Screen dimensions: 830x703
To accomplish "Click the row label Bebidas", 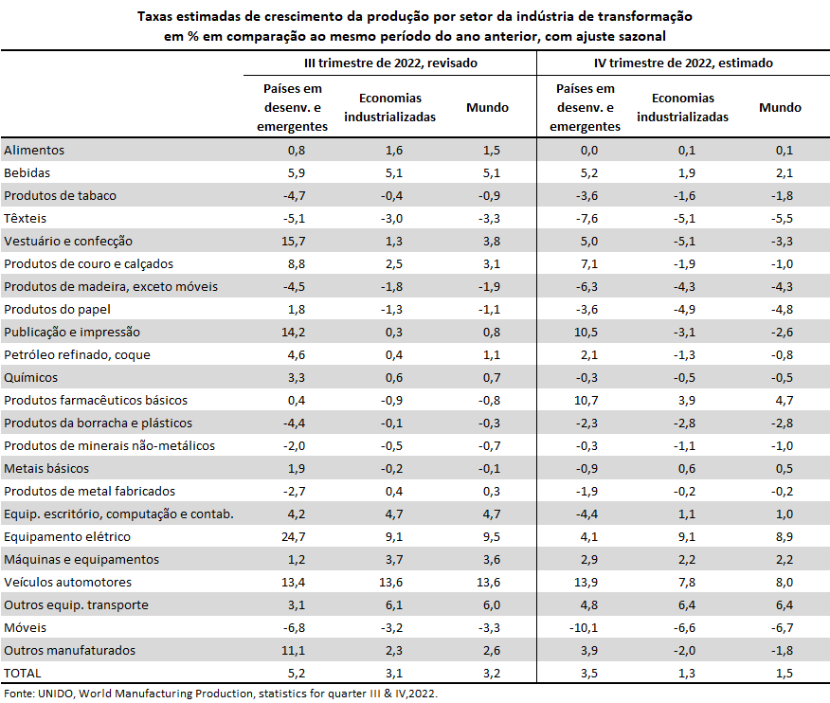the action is click(27, 173).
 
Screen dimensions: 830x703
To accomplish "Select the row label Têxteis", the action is click(25, 219).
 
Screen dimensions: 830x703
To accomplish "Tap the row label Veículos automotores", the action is click(68, 583).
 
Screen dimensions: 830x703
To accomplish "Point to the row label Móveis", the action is click(25, 628).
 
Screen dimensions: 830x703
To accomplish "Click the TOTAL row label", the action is click(22, 674).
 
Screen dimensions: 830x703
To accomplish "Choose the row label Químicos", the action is click(30, 378).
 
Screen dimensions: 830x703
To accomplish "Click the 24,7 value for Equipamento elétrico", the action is click(294, 537).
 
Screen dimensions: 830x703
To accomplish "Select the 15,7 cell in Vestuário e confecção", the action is click(294, 242).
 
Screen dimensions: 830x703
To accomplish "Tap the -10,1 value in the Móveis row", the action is click(584, 628).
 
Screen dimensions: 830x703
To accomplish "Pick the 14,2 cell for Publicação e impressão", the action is click(294, 333).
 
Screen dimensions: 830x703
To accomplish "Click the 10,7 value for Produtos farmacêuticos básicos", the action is click(586, 401).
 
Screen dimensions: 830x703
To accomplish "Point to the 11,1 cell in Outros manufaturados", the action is click(294, 651).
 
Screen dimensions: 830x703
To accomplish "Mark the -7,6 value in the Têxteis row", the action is click(587, 219).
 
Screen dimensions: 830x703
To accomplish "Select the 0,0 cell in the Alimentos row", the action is click(589, 151).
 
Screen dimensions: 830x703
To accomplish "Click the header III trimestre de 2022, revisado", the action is click(390, 63).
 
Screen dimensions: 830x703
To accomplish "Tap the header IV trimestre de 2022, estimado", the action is click(683, 63).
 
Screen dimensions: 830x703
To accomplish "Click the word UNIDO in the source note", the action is click(56, 694).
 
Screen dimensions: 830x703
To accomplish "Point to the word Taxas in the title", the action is click(155, 16).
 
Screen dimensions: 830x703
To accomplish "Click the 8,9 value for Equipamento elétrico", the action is click(785, 537).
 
